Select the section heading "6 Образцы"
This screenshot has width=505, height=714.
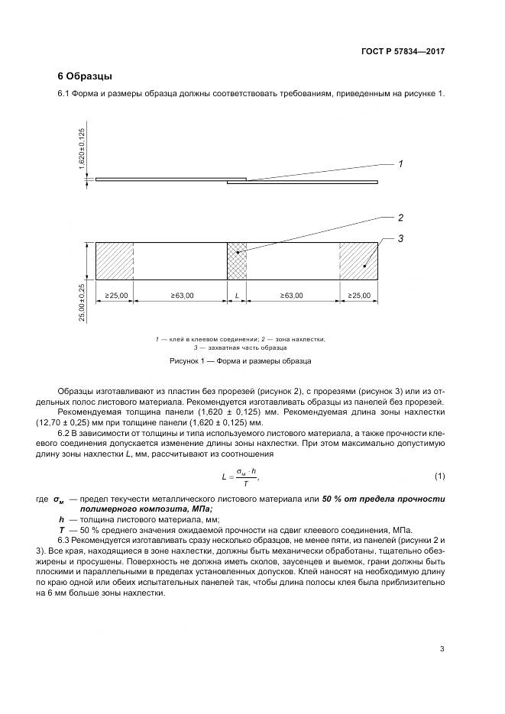point(85,76)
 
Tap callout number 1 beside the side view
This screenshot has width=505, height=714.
point(400,163)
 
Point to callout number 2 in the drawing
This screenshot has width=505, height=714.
point(400,218)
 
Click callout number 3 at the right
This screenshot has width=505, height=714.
point(400,240)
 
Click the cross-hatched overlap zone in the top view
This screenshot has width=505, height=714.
point(238,263)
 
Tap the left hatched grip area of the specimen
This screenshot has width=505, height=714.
point(114,263)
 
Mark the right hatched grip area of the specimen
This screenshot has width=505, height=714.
point(359,263)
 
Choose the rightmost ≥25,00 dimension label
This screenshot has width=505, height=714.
point(359,296)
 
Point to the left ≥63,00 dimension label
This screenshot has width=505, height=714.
point(180,296)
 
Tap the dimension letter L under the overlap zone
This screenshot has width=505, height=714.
point(238,296)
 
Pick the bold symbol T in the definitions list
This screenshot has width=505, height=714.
point(51,529)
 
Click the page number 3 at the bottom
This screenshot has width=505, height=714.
point(442,649)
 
